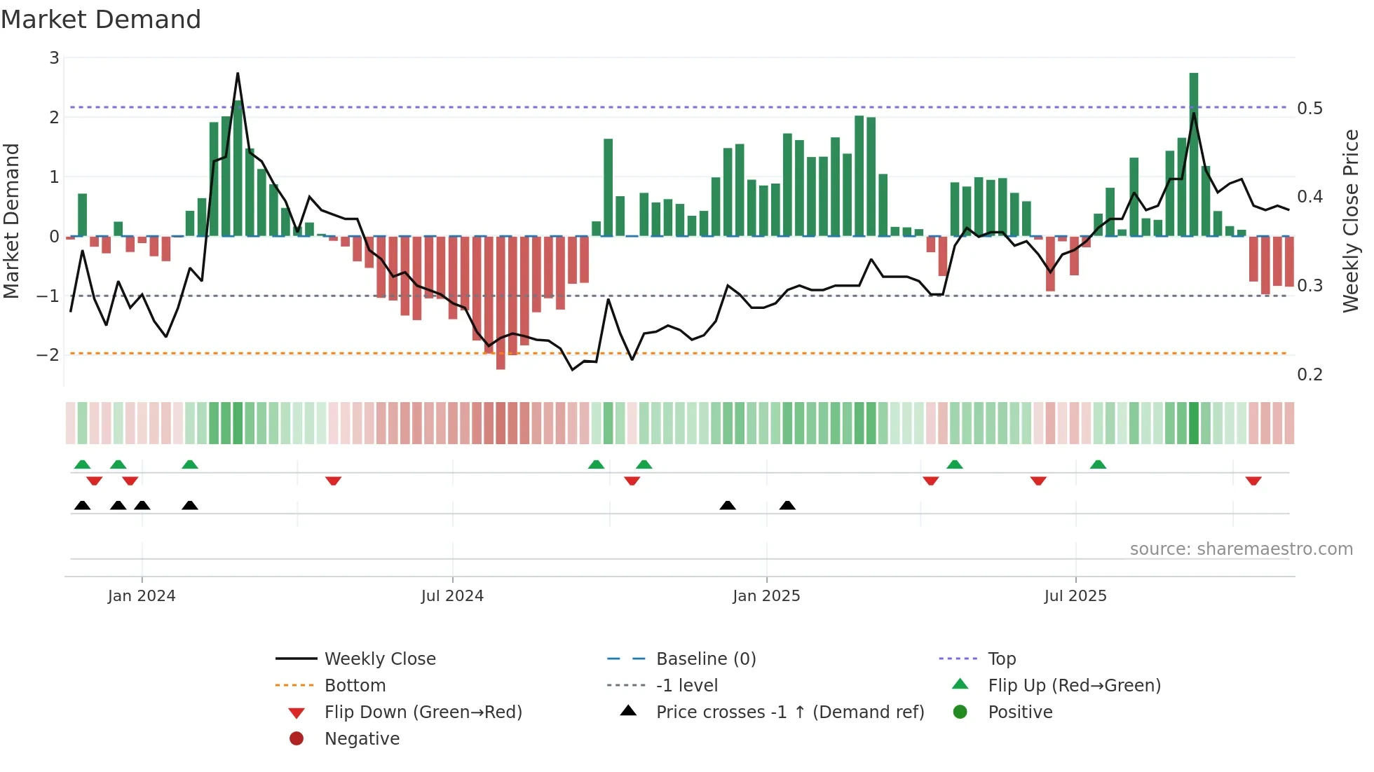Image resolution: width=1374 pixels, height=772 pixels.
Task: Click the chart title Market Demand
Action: [x=101, y=20]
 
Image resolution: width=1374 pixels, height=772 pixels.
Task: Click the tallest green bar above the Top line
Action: [x=1194, y=91]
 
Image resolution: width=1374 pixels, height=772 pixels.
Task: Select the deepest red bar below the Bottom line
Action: [x=501, y=361]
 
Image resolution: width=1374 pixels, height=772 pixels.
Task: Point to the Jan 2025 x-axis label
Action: [x=766, y=596]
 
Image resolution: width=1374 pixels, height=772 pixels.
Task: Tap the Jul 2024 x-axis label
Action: [x=452, y=596]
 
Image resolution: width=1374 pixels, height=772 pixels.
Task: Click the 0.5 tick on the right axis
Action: [x=1310, y=109]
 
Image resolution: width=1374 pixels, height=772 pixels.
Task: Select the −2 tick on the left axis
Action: [x=48, y=354]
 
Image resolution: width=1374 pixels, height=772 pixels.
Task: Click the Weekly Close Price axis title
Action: [x=1351, y=221]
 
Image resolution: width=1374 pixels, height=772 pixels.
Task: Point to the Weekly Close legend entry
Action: [x=379, y=659]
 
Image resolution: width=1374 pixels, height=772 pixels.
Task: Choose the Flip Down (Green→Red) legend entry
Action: [x=423, y=712]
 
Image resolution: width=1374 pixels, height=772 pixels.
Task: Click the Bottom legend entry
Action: [x=355, y=686]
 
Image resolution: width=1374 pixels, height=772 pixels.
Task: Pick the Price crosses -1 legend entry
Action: [x=789, y=712]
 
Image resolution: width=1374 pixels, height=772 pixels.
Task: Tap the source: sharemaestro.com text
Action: [x=1241, y=549]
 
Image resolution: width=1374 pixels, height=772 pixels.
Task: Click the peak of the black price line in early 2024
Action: [x=238, y=74]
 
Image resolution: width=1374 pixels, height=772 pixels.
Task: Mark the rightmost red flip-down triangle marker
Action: [x=1253, y=481]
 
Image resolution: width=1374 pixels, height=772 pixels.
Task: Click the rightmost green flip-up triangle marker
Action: [x=1098, y=464]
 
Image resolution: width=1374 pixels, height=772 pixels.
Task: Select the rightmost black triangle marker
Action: [x=787, y=505]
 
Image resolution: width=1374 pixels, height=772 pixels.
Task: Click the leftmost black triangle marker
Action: [x=82, y=505]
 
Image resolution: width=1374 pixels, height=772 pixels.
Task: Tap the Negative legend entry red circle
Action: [x=297, y=739]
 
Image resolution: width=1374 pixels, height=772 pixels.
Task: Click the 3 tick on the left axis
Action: [x=54, y=58]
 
